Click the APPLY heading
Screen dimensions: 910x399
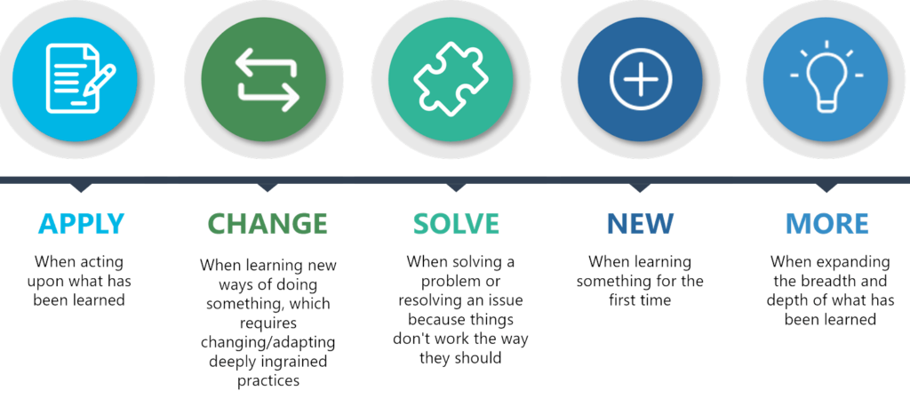click(x=81, y=224)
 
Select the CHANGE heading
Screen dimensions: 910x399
click(x=267, y=224)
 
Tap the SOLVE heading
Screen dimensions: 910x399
click(x=456, y=224)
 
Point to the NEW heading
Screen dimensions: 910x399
click(x=640, y=224)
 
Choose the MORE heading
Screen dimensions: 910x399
click(x=827, y=224)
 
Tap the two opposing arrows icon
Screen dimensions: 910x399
click(x=267, y=79)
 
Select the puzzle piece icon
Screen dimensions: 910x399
click(x=451, y=78)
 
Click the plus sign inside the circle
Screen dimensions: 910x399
click(x=641, y=79)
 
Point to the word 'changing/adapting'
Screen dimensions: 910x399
click(x=268, y=342)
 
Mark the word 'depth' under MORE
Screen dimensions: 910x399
click(x=786, y=301)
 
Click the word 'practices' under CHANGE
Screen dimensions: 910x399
click(x=268, y=381)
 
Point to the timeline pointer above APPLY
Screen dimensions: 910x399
click(x=81, y=188)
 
